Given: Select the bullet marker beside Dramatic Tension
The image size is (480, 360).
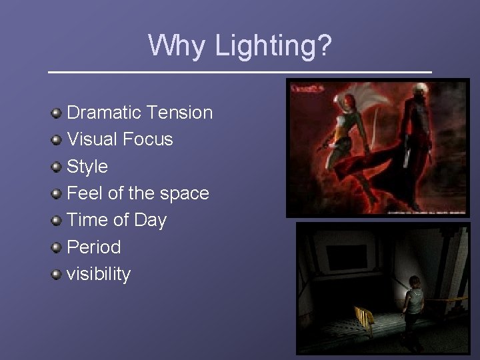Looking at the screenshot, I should click(59, 113).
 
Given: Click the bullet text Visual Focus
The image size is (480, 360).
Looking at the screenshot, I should click(119, 139).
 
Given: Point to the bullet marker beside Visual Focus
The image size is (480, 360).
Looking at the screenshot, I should click(59, 139).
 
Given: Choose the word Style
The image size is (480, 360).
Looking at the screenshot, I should click(87, 166).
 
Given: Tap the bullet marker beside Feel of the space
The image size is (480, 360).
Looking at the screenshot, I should click(59, 193).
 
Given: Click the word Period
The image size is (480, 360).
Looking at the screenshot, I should click(94, 247).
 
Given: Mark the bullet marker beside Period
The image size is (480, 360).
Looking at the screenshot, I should click(59, 247).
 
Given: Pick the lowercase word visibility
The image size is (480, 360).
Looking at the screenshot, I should click(99, 274).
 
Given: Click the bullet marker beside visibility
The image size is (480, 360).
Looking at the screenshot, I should click(59, 274).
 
